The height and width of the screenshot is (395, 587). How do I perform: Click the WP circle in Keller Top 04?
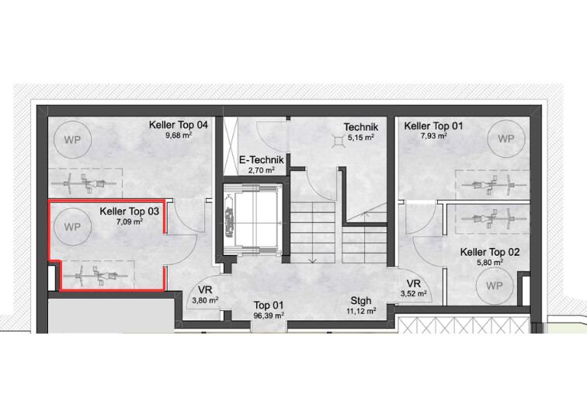[x=72, y=140]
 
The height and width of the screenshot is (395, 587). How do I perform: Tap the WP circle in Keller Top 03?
[x=72, y=227]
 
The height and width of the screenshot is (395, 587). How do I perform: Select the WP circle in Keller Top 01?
[x=506, y=139]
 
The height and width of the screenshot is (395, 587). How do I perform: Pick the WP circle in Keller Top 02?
[x=494, y=286]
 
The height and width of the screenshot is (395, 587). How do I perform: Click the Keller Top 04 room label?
[x=179, y=124]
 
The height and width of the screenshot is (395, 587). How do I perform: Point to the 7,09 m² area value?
[x=130, y=222]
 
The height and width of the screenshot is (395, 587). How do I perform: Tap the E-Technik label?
[x=262, y=160]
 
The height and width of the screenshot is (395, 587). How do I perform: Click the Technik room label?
[x=361, y=128]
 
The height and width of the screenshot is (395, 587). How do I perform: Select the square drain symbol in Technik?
[x=339, y=140]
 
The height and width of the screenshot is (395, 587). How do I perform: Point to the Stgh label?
[x=361, y=301]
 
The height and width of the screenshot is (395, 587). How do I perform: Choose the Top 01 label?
[x=269, y=306]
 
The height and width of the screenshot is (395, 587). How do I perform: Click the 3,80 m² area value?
[x=205, y=300]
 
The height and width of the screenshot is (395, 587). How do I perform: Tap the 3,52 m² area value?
[x=414, y=294]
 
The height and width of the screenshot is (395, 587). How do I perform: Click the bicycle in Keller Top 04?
[x=84, y=184]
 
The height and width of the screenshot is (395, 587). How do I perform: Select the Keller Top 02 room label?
[x=490, y=252]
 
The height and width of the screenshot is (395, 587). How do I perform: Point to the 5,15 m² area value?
[x=361, y=138]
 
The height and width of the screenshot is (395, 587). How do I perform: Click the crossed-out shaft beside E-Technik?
[x=231, y=146]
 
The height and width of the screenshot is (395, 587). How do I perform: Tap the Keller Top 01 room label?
[x=433, y=126]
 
